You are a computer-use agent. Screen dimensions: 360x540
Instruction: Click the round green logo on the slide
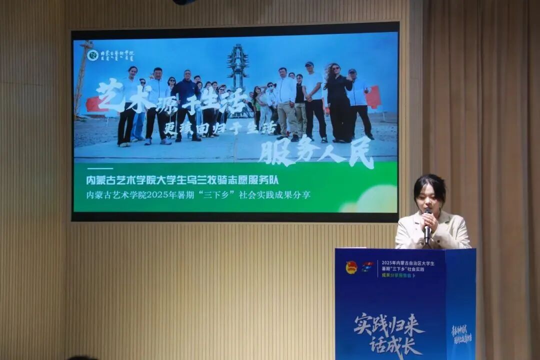92,55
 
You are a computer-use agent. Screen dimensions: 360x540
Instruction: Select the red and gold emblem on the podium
351,267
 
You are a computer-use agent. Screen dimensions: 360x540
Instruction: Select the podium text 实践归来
389,325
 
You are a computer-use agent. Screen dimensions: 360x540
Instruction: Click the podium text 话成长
395,345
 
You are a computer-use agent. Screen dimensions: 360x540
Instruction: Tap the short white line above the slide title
99,168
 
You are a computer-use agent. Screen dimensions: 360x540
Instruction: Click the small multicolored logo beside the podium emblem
367,267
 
